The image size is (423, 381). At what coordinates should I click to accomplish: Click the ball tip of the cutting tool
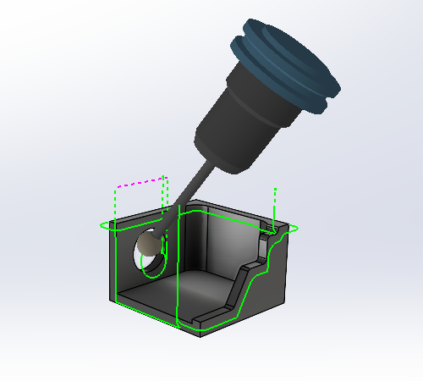150,245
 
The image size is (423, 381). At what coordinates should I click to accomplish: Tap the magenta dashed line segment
140,182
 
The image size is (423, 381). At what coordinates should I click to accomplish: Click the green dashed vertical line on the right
275,202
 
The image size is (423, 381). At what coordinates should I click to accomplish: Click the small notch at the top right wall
270,228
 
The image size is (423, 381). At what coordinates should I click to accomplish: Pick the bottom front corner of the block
201,332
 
